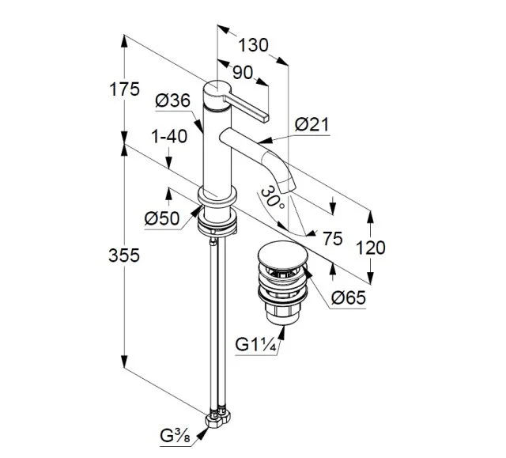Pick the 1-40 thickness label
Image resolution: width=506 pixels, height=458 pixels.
(x=168, y=136)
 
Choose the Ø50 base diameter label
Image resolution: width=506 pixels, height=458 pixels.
(x=163, y=218)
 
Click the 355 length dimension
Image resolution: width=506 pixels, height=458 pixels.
(x=125, y=255)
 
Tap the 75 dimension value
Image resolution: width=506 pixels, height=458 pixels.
(x=333, y=238)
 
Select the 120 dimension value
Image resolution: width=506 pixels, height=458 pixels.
(x=370, y=248)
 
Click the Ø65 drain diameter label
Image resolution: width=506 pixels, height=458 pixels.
(x=349, y=297)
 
